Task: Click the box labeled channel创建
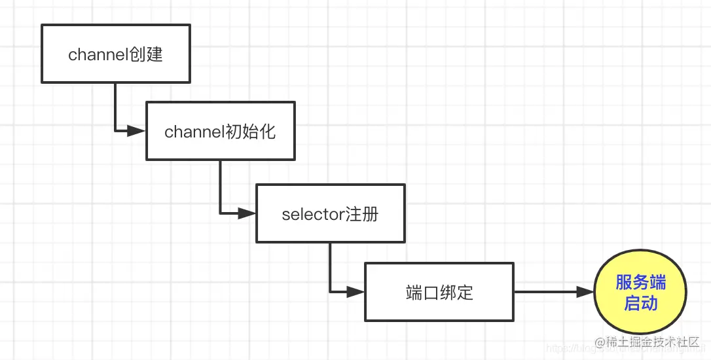tap(116, 54)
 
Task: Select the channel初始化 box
tap(220, 131)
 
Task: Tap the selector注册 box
tap(330, 213)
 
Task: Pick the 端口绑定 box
tap(439, 292)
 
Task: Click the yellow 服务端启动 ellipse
tap(640, 293)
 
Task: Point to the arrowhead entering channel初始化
tap(136, 131)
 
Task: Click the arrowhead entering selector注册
tap(246, 213)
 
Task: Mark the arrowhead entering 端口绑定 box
tap(355, 292)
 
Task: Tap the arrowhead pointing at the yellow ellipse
tap(585, 292)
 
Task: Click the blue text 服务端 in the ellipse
tap(640, 282)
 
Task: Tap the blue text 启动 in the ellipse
tap(640, 303)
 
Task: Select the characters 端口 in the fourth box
tap(422, 293)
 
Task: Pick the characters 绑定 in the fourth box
tap(456, 293)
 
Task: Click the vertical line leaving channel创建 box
tap(115, 105)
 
